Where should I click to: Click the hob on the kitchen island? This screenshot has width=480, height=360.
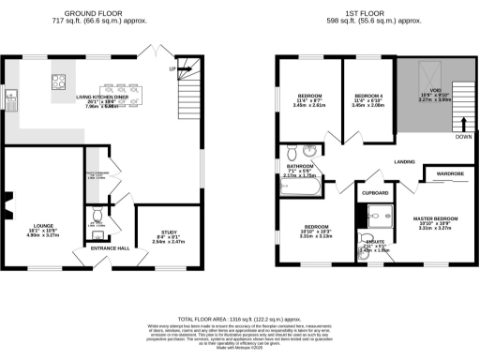pyautogui.click(x=57, y=81)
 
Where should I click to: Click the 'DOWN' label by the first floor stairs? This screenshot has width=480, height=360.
pyautogui.click(x=462, y=137)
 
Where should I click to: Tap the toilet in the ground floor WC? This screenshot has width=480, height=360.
pyautogui.click(x=96, y=213)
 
